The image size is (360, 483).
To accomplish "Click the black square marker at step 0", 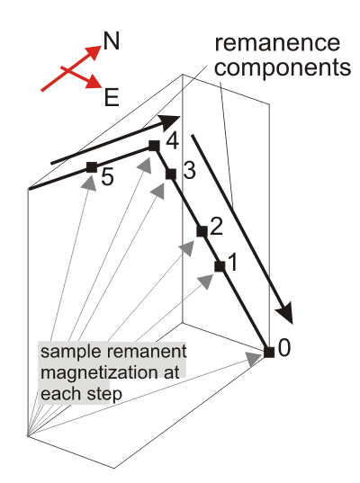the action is pyautogui.click(x=269, y=352).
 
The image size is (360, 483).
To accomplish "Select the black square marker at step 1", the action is pyautogui.click(x=220, y=266).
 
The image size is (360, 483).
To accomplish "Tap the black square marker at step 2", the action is pyautogui.click(x=202, y=231).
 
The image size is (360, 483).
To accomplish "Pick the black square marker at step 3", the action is pyautogui.click(x=171, y=174).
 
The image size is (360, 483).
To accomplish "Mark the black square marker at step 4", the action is pyautogui.click(x=154, y=146).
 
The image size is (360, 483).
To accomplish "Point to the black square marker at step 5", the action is pyautogui.click(x=92, y=167).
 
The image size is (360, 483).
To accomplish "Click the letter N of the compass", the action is pyautogui.click(x=112, y=41).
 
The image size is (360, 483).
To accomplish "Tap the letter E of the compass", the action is pyautogui.click(x=112, y=97).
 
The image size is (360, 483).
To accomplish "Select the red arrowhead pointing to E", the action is pyautogui.click(x=94, y=82).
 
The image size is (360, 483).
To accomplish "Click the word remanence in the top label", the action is pyautogui.click(x=277, y=43).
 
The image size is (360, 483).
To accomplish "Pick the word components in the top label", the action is pyautogui.click(x=283, y=68).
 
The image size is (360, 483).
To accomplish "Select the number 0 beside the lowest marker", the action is pyautogui.click(x=284, y=348).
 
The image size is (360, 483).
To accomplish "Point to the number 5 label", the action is pyautogui.click(x=107, y=177).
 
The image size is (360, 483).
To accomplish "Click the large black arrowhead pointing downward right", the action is pyautogui.click(x=284, y=313).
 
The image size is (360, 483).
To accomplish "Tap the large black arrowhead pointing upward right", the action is pyautogui.click(x=169, y=122).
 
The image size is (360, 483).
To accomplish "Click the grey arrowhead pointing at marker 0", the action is pyautogui.click(x=254, y=359).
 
